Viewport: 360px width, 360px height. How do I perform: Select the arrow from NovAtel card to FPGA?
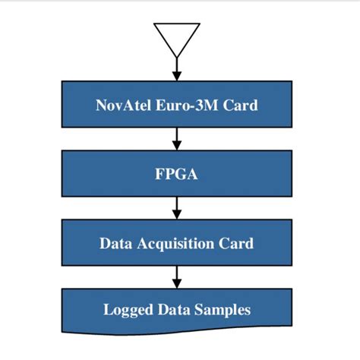click(177, 137)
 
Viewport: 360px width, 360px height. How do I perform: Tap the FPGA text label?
click(177, 174)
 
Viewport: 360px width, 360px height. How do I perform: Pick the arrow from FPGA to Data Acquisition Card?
click(177, 207)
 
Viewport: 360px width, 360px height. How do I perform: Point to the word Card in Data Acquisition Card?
click(235, 244)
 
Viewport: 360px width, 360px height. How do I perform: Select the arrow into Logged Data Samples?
click(177, 275)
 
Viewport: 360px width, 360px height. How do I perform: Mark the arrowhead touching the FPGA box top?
click(177, 146)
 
